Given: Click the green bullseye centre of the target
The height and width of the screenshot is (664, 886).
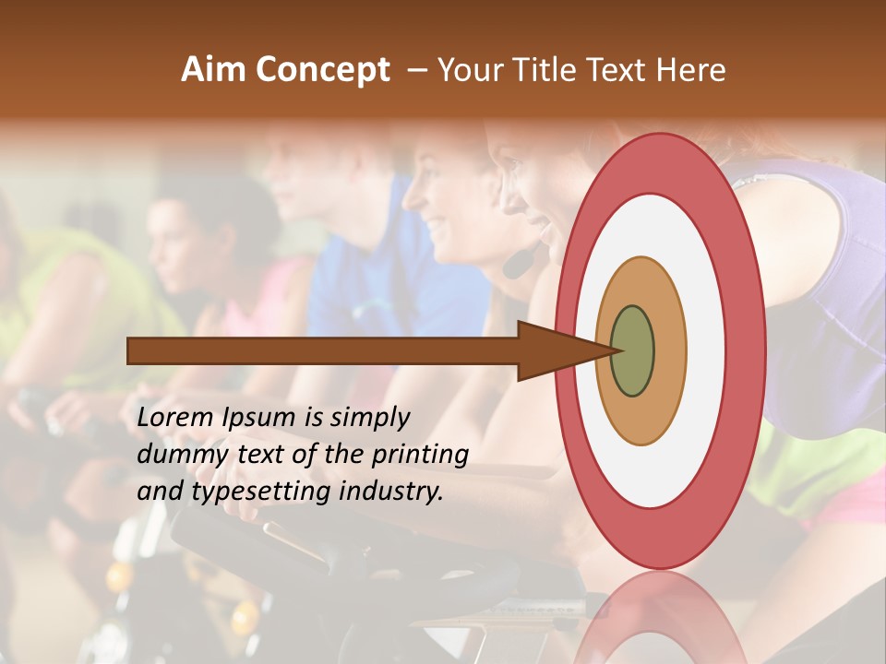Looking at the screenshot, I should click(x=633, y=350).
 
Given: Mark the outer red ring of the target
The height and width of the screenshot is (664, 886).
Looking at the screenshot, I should click(x=746, y=350).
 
